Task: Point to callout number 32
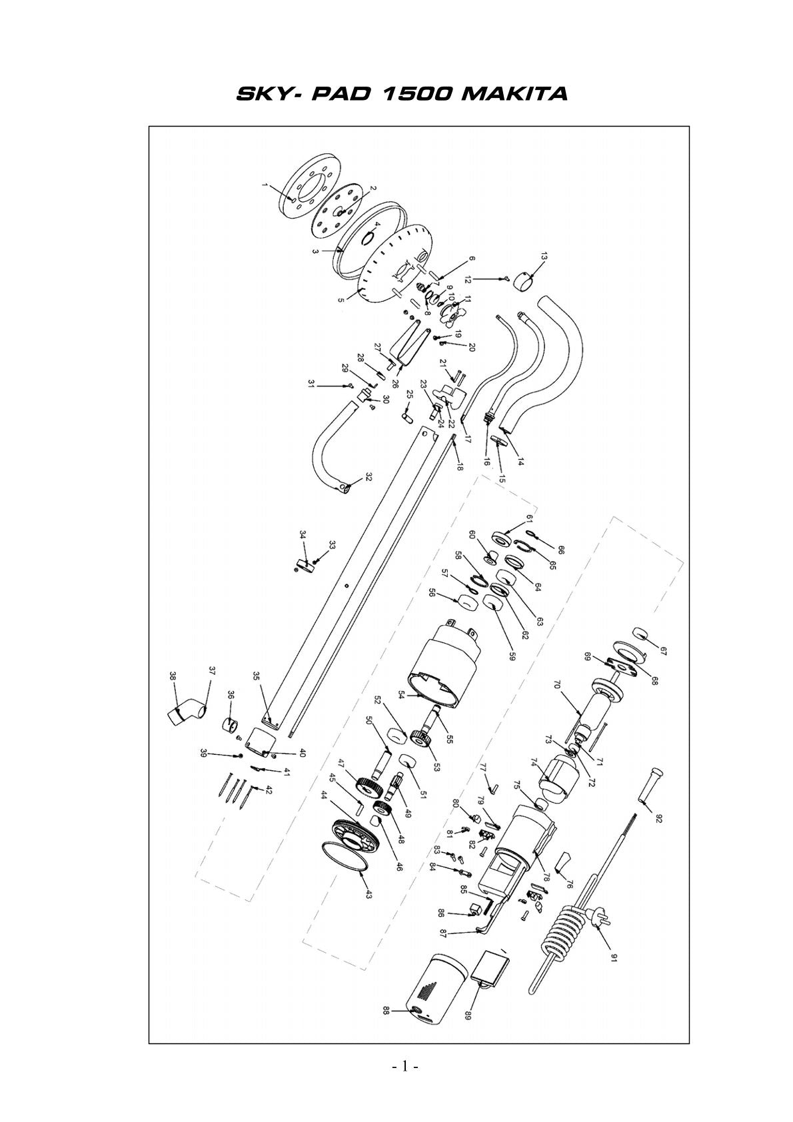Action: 369,476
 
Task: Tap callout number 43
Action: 369,893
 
